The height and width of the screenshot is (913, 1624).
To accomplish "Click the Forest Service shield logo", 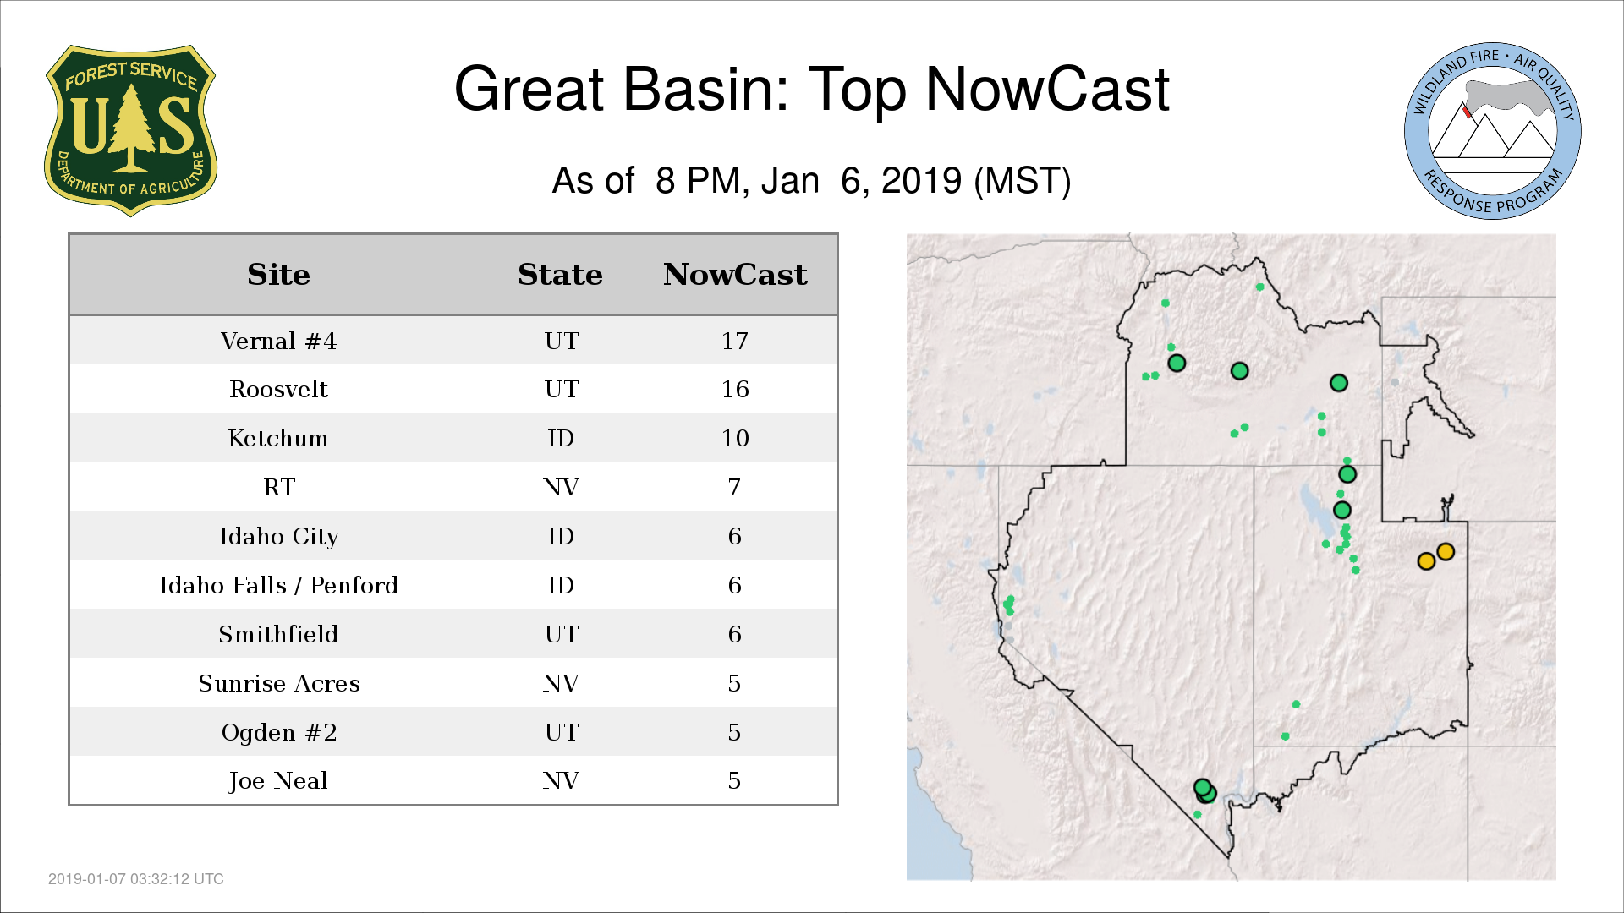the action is [130, 131].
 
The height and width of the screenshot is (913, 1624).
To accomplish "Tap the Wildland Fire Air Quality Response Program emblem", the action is [1493, 131].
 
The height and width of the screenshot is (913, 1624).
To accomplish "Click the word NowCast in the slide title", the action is [1047, 89].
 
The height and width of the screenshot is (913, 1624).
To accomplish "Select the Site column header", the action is [278, 275].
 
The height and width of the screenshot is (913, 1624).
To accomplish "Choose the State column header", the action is [560, 275].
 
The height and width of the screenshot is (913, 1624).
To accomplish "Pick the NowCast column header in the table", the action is [735, 275].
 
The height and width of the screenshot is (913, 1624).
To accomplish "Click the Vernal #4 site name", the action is [278, 341].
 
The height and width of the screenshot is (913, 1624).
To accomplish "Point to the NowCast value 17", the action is [735, 341].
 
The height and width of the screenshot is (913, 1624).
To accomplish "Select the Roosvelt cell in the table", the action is [278, 389].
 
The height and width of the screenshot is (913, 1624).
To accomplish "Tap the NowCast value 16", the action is [735, 389].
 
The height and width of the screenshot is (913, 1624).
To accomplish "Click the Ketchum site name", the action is [278, 438].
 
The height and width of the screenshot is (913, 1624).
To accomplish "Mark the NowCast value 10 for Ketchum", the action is [735, 438].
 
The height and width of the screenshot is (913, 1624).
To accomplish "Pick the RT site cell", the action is [279, 487].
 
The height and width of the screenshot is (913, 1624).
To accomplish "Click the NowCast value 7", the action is [734, 487].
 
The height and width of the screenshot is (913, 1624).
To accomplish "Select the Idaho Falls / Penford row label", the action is [278, 585].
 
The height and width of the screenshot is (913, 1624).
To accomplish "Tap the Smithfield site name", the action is [278, 634].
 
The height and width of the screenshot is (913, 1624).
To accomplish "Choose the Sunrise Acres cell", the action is [279, 683].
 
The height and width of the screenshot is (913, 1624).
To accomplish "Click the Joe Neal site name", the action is [278, 780].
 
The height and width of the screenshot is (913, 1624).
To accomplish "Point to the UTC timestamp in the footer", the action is [136, 879].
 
